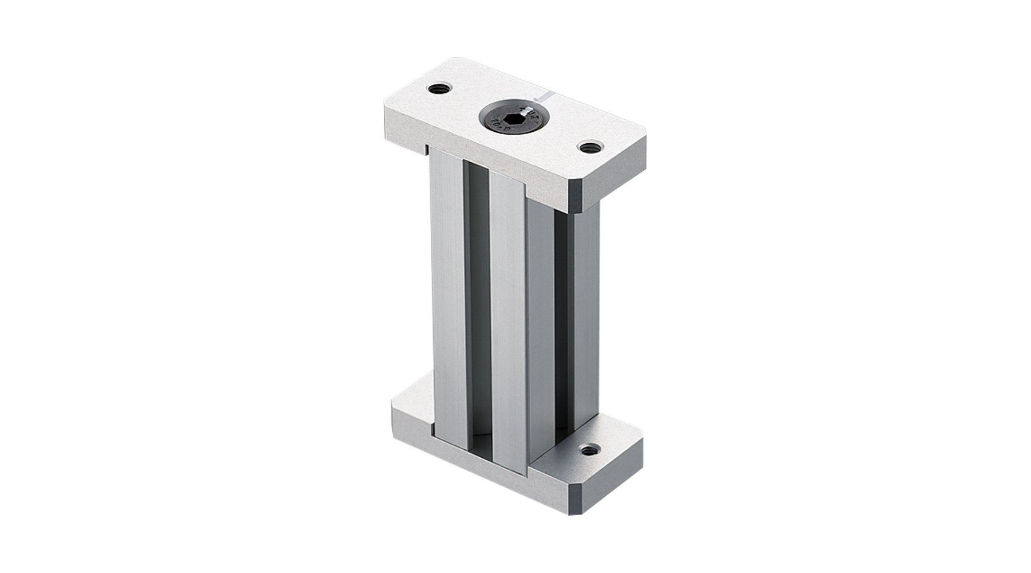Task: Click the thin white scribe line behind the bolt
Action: tap(544, 97)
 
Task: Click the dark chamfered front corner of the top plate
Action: tap(576, 196)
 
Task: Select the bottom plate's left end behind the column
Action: tap(412, 395)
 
